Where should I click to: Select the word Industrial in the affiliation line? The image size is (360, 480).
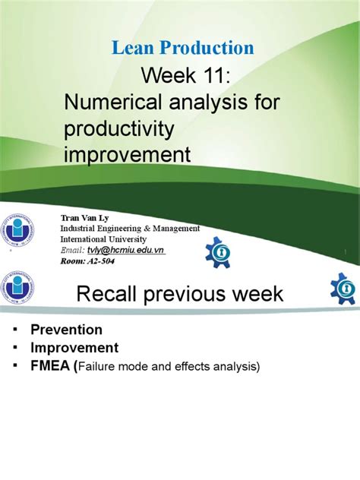click(85, 229)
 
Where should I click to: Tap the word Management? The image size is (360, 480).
click(176, 229)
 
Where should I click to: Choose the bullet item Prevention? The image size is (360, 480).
click(66, 330)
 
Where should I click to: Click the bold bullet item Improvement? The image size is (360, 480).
click(74, 348)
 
